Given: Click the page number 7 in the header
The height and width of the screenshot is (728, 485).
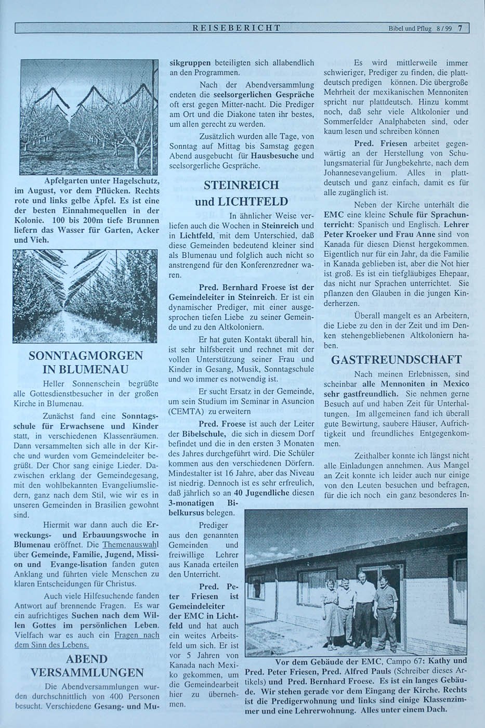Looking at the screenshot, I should [x=460, y=29].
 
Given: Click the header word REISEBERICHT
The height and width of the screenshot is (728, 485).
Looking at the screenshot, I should [x=237, y=28].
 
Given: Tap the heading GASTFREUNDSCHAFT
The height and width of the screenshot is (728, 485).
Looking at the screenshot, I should [x=396, y=360].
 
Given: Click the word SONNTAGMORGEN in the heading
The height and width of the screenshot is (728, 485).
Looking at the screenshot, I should [x=86, y=356].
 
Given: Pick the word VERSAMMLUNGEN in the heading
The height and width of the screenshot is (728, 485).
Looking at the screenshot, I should [x=86, y=673].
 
